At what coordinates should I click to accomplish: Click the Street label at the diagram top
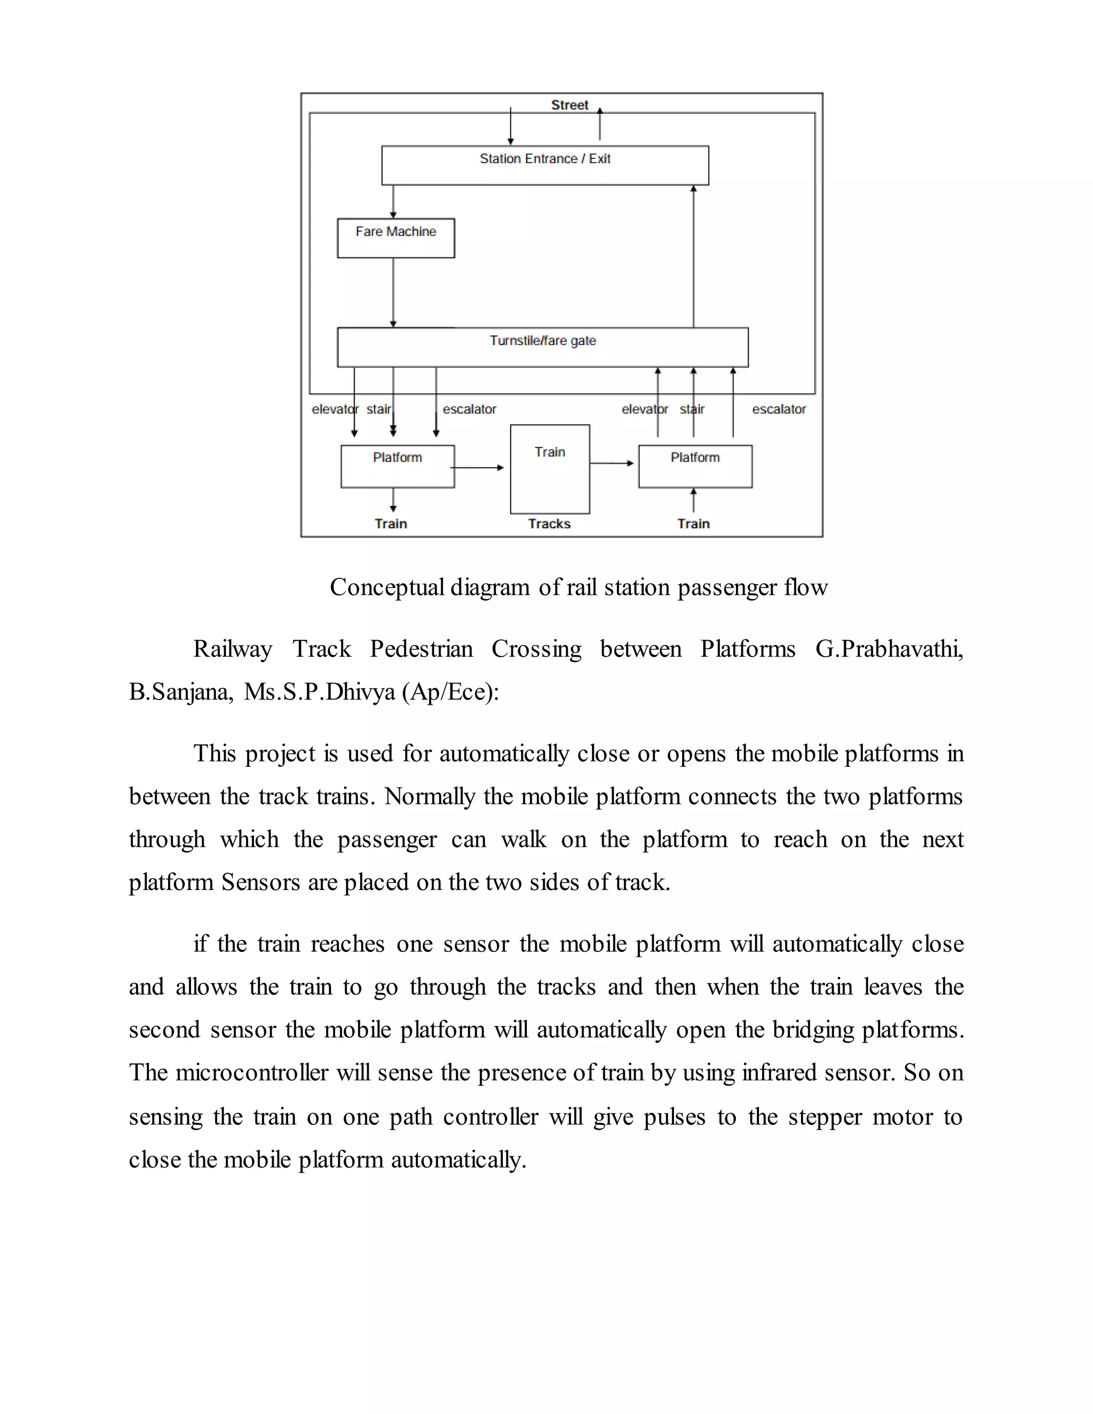click(569, 105)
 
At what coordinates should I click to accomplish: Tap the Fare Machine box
click(395, 239)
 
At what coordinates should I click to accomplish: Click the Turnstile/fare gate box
click(543, 348)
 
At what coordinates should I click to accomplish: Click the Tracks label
click(549, 524)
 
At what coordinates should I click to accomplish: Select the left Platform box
click(398, 466)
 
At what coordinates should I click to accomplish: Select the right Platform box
click(695, 466)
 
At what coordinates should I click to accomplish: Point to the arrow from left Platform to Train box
click(478, 467)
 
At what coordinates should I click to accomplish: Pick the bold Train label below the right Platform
click(693, 524)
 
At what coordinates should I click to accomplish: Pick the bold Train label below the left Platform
click(391, 524)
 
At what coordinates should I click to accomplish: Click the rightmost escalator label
click(779, 409)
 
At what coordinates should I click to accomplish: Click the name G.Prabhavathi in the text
click(889, 649)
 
